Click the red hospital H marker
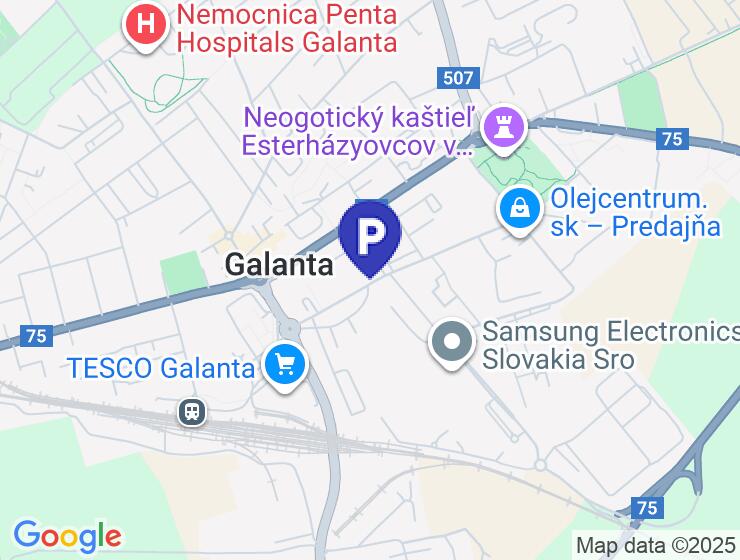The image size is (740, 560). pos(146,25)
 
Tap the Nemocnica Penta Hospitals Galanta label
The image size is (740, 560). pos(284,29)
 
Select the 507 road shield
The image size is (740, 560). pos(459,77)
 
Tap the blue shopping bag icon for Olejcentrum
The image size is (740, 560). pos(520,209)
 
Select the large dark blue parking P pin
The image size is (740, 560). pos(370,236)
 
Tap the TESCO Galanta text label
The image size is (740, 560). pos(161,368)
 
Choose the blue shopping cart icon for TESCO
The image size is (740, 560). pos(286,364)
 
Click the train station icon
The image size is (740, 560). pos(189,410)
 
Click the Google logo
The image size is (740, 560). pos(67,536)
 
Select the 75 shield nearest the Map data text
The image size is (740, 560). pos(648,508)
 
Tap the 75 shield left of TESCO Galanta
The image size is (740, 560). pos(36,337)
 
